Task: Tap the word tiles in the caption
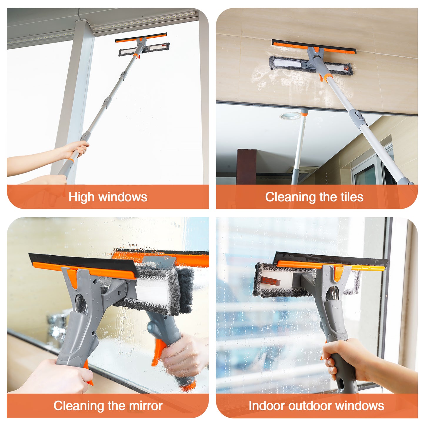pyautogui.click(x=352, y=197)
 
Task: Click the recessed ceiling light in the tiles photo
pyautogui.click(x=290, y=116)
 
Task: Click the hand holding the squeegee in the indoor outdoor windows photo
pyautogui.click(x=344, y=359)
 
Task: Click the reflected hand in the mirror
pyautogui.click(x=182, y=356)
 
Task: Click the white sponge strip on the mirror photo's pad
pyautogui.click(x=151, y=291)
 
